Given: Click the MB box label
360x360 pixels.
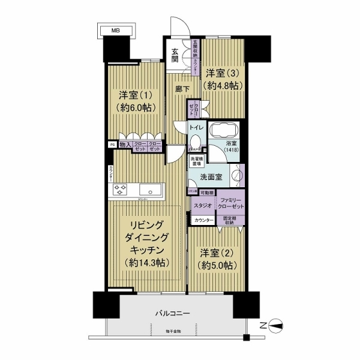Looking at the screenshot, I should [114, 29].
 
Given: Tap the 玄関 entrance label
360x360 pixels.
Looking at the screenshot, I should [175, 55].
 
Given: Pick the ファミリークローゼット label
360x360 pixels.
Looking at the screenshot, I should [230, 202].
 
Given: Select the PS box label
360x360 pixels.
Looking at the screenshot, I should [112, 145].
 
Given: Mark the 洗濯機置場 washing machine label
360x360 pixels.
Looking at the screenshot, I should [196, 161].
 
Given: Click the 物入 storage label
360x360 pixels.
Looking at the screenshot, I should [125, 145].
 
